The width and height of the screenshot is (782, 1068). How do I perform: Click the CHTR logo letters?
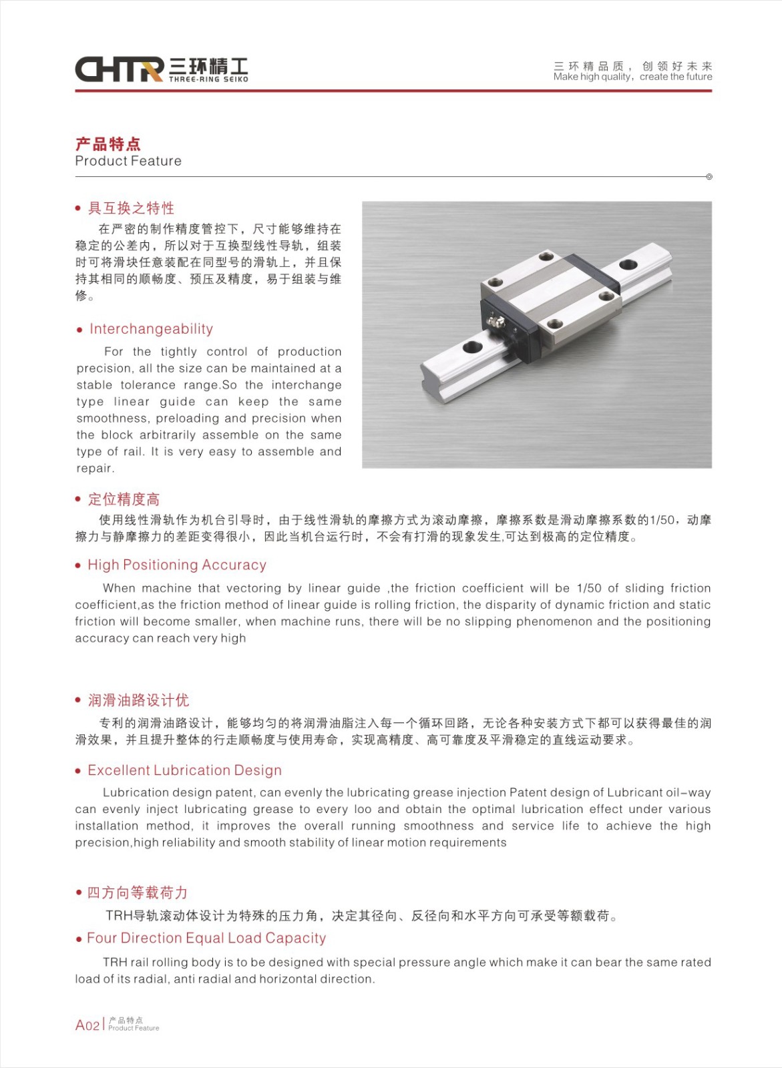(119, 69)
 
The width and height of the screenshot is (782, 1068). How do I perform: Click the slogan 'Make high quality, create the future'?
(632, 77)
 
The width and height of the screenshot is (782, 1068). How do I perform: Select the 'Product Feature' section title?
(128, 161)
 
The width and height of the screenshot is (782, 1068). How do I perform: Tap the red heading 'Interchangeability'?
(151, 329)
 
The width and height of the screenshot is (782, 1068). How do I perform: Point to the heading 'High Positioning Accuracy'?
(177, 565)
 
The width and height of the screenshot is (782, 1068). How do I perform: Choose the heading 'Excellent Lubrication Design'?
(184, 770)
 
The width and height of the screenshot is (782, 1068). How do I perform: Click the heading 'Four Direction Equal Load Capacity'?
(206, 938)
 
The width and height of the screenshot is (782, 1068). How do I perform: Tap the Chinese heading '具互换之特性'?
(131, 208)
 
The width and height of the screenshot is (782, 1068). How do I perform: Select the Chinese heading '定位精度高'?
(124, 499)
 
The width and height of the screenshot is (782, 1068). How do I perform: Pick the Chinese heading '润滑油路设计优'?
(138, 700)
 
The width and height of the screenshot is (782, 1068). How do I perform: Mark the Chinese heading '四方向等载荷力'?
(137, 892)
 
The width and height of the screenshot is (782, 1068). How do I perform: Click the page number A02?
(87, 1025)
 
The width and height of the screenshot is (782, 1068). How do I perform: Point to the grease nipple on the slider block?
(496, 323)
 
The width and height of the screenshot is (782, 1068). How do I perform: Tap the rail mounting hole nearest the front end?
(472, 346)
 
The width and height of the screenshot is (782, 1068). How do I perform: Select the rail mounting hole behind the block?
(628, 264)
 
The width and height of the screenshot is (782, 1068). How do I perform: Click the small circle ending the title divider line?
(709, 177)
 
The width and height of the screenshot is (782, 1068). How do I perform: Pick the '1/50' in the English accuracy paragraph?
(589, 588)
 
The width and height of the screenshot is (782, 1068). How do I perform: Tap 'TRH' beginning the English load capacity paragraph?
(115, 962)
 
